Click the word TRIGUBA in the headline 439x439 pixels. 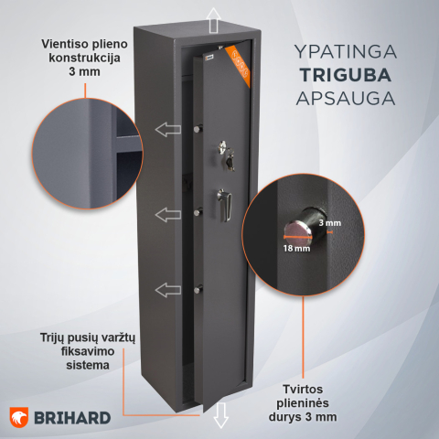pyautogui.click(x=346, y=75)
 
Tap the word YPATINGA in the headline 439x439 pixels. pyautogui.click(x=346, y=51)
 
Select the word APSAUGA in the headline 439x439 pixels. pyautogui.click(x=346, y=99)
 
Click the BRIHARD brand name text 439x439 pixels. pyautogui.click(x=72, y=418)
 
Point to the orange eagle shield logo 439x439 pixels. pyautogui.click(x=19, y=417)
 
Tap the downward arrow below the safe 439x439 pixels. pyautogui.click(x=220, y=415)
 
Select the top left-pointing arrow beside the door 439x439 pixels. pyautogui.click(x=168, y=129)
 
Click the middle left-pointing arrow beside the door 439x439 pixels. pyautogui.click(x=168, y=215)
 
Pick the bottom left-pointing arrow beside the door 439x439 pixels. pyautogui.click(x=168, y=290)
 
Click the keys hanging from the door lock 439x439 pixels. pyautogui.click(x=230, y=160)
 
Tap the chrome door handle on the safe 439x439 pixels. pyautogui.click(x=225, y=205)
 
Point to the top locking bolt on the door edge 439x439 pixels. pyautogui.click(x=198, y=128)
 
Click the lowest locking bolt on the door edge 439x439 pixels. pyautogui.click(x=198, y=289)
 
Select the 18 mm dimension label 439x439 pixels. pyautogui.click(x=296, y=249)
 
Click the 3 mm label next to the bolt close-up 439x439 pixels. pyautogui.click(x=330, y=223)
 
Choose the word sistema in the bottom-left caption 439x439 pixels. pyautogui.click(x=88, y=365)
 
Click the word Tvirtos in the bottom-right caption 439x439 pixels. pyautogui.click(x=303, y=390)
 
